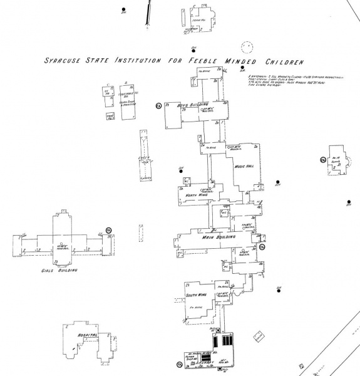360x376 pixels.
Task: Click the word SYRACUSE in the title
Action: coord(65,62)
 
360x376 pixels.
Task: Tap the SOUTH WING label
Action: coord(195,293)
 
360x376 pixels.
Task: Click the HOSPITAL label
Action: coord(88,336)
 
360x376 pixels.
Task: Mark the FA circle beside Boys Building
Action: coord(159,106)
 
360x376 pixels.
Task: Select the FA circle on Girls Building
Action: coord(108,232)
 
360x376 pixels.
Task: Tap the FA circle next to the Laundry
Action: coord(179,364)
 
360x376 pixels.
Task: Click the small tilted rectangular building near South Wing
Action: coord(257,337)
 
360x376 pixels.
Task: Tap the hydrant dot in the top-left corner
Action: coord(124,10)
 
